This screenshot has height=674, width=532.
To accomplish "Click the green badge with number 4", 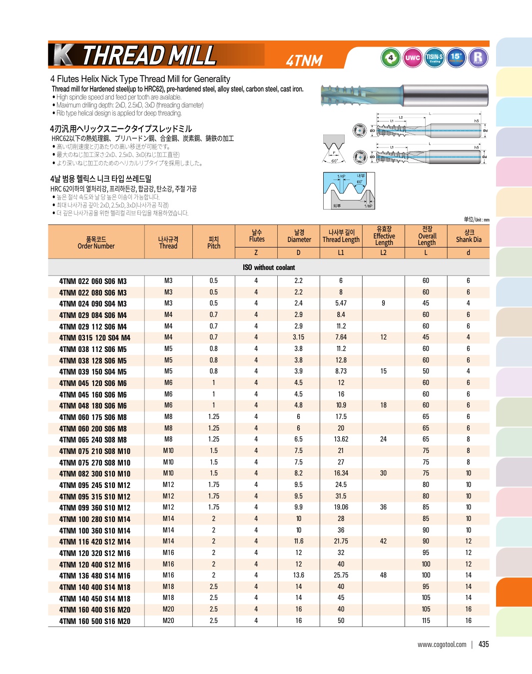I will [391, 57].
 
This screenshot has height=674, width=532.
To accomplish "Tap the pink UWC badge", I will [413, 57].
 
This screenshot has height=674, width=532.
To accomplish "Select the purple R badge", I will [478, 57].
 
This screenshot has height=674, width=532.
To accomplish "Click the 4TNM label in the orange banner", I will [304, 60].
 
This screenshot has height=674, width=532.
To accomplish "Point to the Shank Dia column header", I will [469, 236].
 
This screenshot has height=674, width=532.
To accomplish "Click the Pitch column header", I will [214, 242].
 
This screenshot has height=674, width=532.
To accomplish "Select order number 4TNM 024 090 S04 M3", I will [93, 303].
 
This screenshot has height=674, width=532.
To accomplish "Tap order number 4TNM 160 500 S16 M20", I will [94, 621].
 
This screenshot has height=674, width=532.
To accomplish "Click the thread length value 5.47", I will [341, 303].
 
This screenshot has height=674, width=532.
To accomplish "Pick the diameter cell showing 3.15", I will [298, 337].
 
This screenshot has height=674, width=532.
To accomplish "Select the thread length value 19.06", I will [341, 507].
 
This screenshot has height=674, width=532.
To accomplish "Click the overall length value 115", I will [426, 620].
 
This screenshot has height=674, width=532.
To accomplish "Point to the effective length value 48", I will [383, 575].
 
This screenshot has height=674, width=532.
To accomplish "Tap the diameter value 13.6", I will [298, 575].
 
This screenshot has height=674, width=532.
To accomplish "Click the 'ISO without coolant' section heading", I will [269, 267].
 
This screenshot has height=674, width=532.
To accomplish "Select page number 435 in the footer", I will [484, 644].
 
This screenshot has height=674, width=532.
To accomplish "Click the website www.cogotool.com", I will [442, 644].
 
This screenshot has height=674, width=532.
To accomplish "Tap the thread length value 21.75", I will [341, 541].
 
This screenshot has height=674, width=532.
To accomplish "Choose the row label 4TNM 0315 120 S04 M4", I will [94, 337].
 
